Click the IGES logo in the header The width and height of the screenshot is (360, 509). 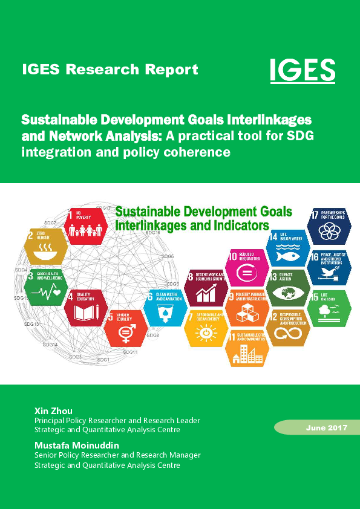[302, 69]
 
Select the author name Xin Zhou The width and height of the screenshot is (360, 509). [53, 411]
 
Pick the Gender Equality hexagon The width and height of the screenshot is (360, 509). [125, 328]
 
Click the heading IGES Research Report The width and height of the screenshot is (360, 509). [110, 70]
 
